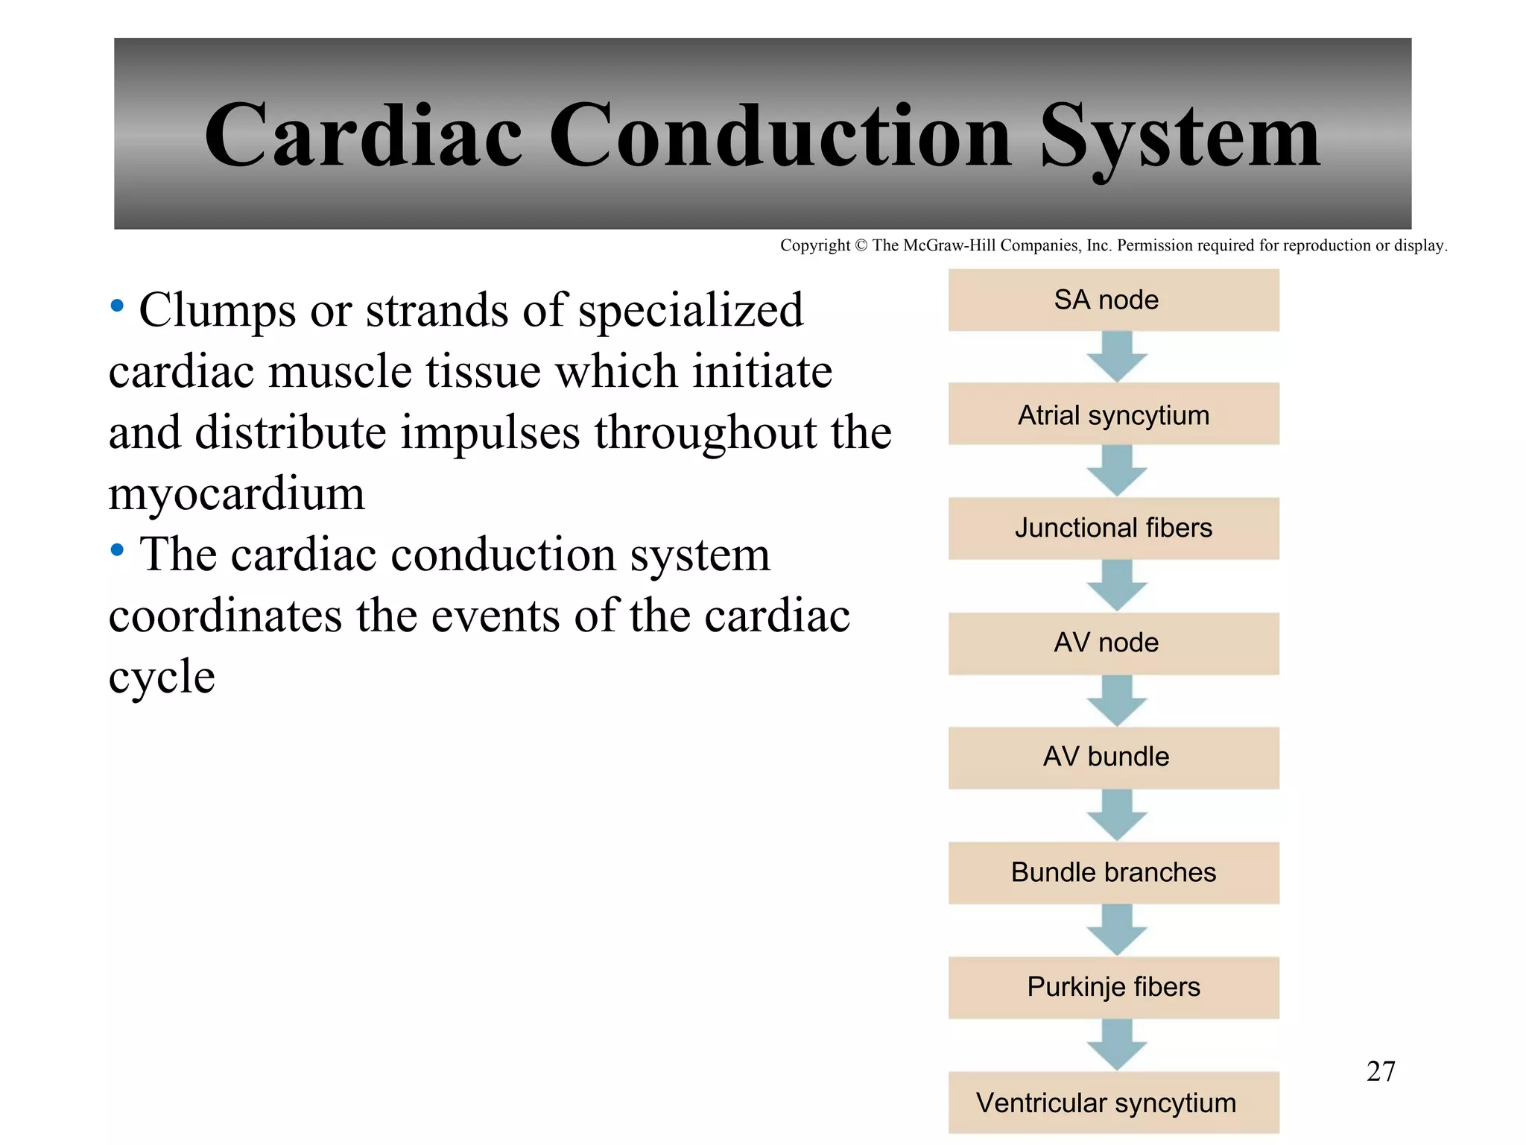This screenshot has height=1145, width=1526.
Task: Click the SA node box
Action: point(1113,300)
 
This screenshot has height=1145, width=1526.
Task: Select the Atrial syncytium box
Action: point(1113,414)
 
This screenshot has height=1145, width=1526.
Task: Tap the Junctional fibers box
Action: point(1113,529)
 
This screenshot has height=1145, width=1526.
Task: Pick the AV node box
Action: point(1113,643)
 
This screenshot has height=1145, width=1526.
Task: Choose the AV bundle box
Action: point(1113,757)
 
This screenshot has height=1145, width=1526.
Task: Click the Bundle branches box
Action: point(1113,872)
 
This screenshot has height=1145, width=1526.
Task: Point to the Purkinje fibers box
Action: point(1113,987)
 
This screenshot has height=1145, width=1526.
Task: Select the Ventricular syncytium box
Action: point(1113,1102)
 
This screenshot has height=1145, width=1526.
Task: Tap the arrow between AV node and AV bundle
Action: point(1116,701)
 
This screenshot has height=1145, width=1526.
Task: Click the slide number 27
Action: point(1380,1071)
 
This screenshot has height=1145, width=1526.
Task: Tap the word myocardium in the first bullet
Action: point(237,494)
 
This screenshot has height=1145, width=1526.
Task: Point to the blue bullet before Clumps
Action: point(117,306)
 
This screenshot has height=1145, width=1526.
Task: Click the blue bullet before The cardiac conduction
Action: point(117,551)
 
